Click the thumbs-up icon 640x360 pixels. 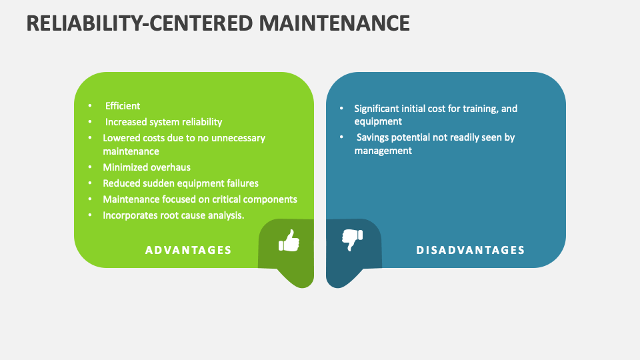[289, 241]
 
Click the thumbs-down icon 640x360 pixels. [352, 239]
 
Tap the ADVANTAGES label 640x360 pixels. [189, 250]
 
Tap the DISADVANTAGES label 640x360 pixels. [471, 250]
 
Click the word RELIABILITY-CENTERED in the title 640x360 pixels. [137, 23]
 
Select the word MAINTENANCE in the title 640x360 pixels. [334, 23]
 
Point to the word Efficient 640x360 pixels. [123, 106]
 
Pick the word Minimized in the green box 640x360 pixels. [123, 167]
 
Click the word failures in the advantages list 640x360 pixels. [241, 183]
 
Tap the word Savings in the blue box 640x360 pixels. [373, 137]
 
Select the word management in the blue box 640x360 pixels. [383, 151]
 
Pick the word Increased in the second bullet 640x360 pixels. [126, 122]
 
